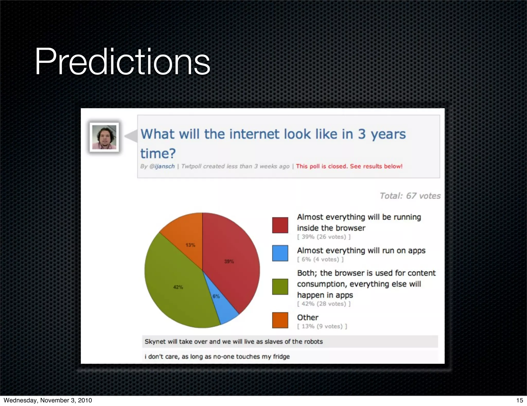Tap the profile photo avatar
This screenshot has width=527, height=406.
tap(104, 137)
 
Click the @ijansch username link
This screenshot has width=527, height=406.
tap(162, 166)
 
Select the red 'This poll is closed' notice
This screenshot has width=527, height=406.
tap(349, 166)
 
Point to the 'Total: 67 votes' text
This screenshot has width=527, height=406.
tap(410, 196)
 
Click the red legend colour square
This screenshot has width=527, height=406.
tap(280, 225)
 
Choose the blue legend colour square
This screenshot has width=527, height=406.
tap(280, 253)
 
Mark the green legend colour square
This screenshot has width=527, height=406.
tap(280, 286)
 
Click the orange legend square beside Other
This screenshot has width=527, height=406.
tap(280, 320)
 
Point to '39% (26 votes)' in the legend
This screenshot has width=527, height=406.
tap(324, 237)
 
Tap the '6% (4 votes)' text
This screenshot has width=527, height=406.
tap(320, 259)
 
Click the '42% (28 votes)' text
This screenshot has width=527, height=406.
tap(324, 304)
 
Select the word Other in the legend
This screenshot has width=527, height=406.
tap(308, 317)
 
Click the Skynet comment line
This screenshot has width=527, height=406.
tap(233, 342)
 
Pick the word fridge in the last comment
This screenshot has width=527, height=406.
tap(281, 357)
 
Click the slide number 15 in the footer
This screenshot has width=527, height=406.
tap(519, 400)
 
